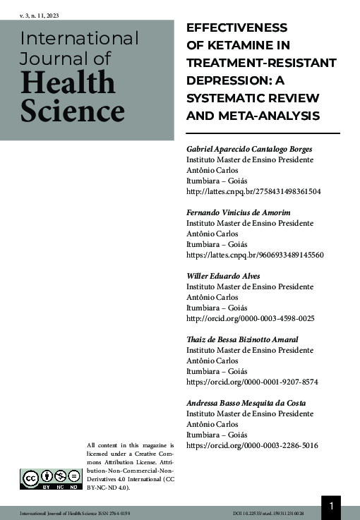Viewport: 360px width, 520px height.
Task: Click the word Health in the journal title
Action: [x=68, y=84]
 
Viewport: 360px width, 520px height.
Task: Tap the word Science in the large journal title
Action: [x=73, y=111]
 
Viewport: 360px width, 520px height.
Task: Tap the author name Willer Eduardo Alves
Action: [x=222, y=276]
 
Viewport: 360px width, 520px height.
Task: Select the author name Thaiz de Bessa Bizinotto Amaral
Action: [x=241, y=339]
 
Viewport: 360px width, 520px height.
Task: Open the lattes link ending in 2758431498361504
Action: [x=253, y=191]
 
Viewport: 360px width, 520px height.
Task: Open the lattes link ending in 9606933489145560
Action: [x=255, y=255]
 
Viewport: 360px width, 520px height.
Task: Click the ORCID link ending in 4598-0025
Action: [x=250, y=318]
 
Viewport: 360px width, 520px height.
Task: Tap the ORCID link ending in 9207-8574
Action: [x=252, y=382]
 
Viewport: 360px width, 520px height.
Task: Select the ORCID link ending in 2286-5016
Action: [x=252, y=445]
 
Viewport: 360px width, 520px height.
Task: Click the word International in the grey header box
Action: [x=80, y=38]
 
